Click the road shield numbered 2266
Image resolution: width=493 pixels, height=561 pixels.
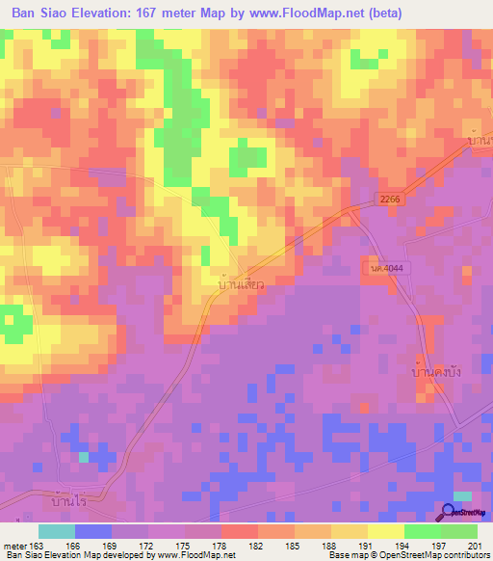coord(391,198)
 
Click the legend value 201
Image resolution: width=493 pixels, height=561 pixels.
coord(472,546)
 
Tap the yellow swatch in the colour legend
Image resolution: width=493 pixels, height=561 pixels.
coord(385,531)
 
